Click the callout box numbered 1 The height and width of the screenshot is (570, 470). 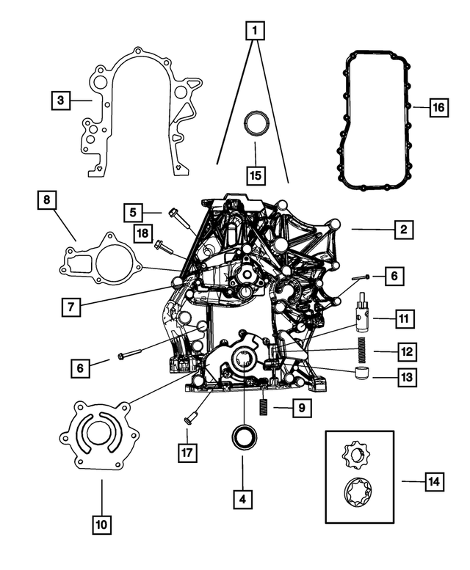pos(255,31)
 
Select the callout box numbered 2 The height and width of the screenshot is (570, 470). pos(402,230)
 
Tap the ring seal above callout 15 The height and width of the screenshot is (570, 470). pos(255,123)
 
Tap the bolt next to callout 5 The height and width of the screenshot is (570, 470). pos(179,219)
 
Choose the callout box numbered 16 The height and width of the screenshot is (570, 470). pos(438,108)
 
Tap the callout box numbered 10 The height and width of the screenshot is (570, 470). pos(102,525)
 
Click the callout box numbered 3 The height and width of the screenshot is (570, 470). pos(61,99)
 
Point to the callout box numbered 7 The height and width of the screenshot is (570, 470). pos(70,306)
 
